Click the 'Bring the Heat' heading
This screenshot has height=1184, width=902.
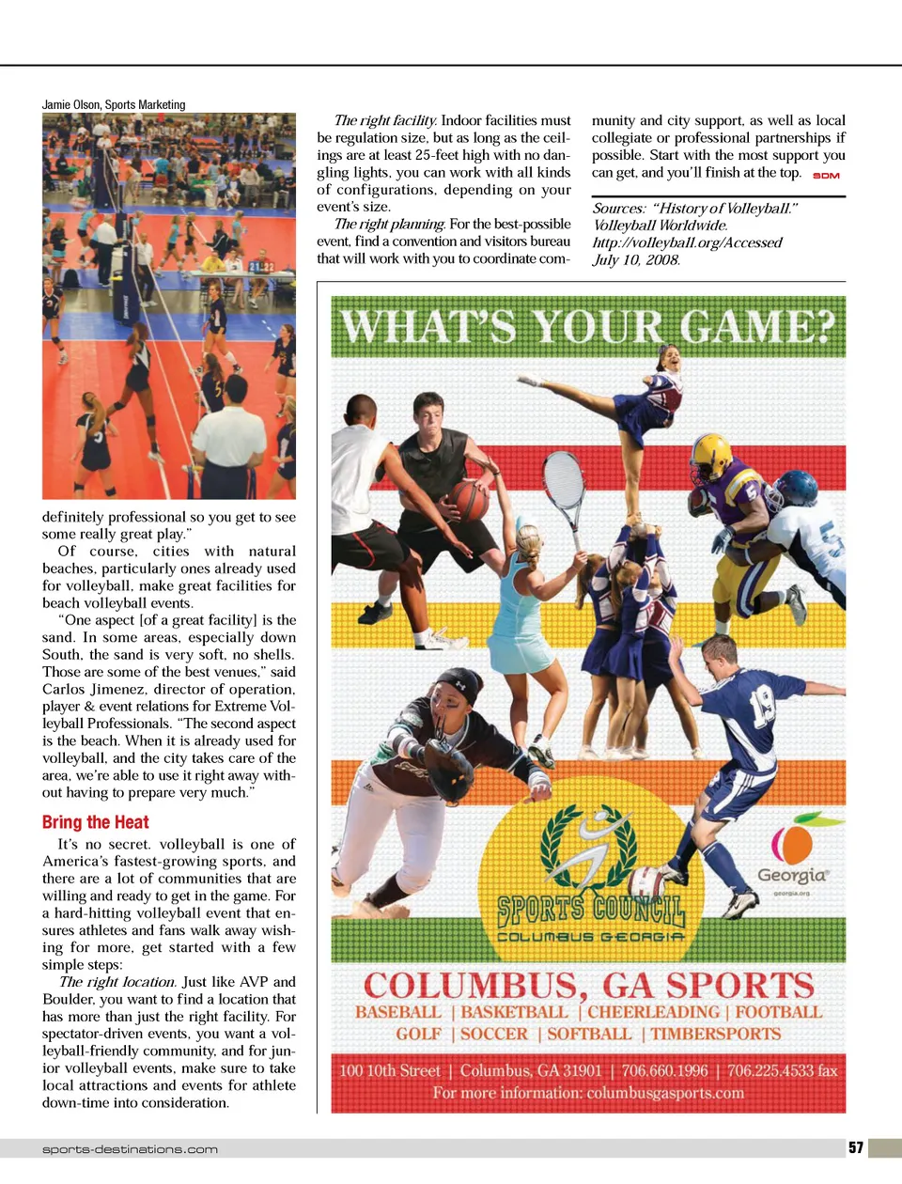click(95, 822)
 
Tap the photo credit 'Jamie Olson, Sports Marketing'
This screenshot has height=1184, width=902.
click(114, 104)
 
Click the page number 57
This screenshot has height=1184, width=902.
click(855, 1147)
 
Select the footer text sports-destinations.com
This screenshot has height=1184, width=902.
click(130, 1149)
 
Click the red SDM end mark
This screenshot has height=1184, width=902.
click(826, 176)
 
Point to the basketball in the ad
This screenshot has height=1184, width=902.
click(469, 500)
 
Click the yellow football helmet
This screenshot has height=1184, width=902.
click(711, 457)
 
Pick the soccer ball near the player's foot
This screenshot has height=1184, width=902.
click(647, 884)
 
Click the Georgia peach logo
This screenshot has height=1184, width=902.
click(792, 844)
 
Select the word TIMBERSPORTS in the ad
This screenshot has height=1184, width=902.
click(715, 1034)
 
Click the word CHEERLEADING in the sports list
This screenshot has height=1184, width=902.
click(654, 1012)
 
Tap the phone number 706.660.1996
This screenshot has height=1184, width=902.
click(664, 1070)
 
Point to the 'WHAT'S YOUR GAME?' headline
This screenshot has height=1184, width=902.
click(588, 326)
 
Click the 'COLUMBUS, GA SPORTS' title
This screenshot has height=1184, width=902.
click(588, 985)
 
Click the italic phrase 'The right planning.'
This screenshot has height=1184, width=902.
click(389, 224)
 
